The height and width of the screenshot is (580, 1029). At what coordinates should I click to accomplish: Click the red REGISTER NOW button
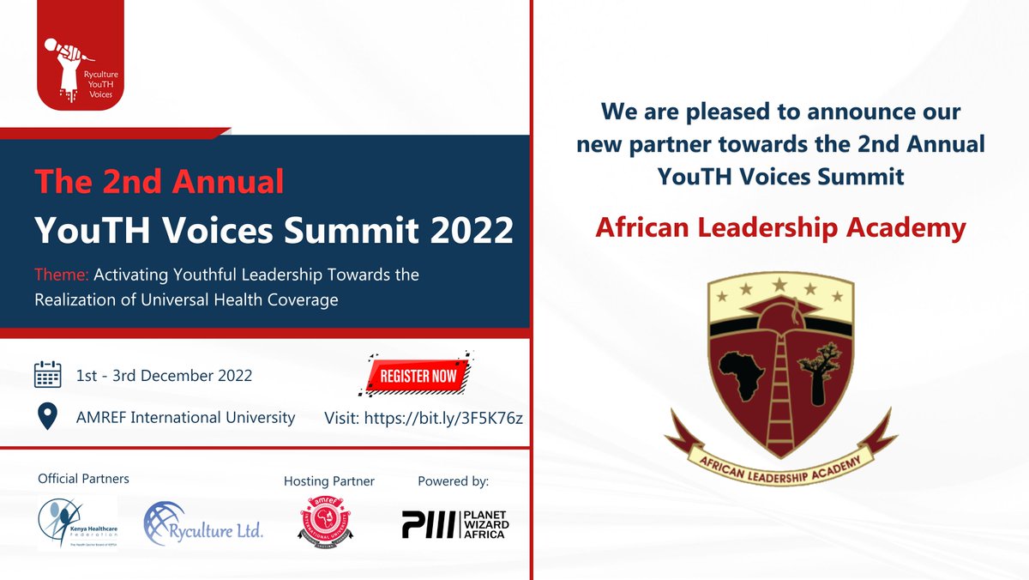[x=417, y=375]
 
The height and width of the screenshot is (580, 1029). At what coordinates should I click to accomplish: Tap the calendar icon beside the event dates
[x=47, y=375]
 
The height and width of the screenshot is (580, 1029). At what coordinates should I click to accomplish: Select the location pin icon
[x=47, y=418]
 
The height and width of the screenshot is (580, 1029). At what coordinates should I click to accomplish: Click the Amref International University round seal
[x=329, y=521]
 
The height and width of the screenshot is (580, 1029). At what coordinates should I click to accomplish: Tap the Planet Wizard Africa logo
[x=454, y=523]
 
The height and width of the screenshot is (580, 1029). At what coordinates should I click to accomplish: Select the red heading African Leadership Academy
[x=780, y=227]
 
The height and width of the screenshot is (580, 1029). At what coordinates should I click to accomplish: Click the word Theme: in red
[x=61, y=275]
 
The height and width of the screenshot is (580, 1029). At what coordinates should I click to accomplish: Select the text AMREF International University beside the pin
[x=186, y=418]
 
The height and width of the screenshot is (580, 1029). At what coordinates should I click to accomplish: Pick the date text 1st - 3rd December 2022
[x=164, y=376]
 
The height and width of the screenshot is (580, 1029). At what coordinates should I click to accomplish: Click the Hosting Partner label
[x=329, y=481]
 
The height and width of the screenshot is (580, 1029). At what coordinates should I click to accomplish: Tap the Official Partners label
[x=83, y=479]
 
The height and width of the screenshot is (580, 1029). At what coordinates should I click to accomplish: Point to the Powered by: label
[x=453, y=481]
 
